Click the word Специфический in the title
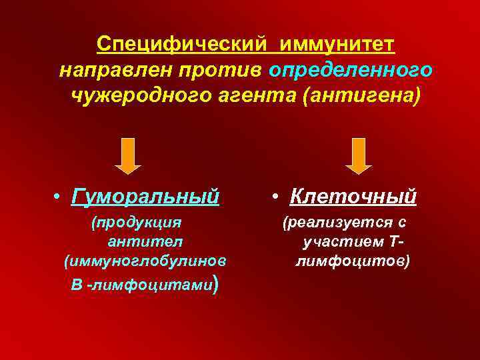coord(182,45)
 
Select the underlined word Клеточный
coord(353,197)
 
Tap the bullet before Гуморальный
coord(59,197)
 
